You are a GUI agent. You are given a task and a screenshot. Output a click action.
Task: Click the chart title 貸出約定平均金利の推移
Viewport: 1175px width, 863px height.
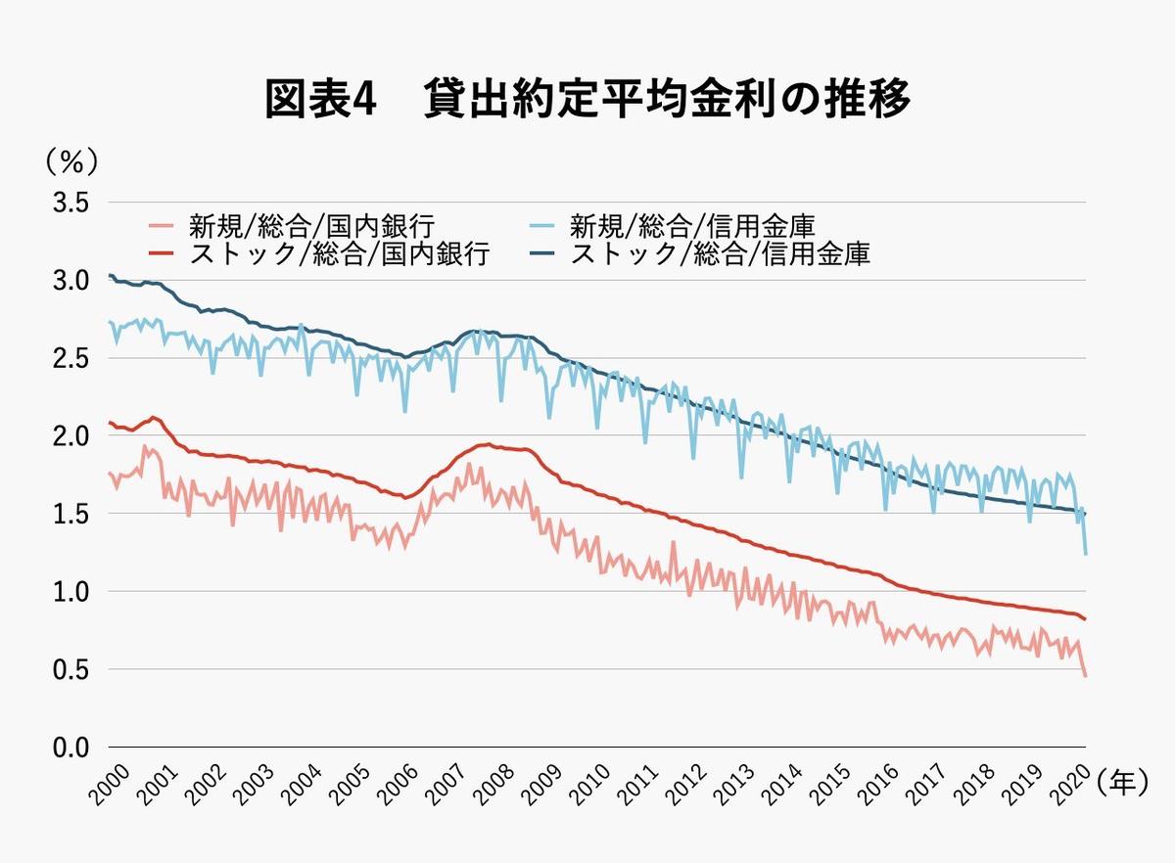[667, 100]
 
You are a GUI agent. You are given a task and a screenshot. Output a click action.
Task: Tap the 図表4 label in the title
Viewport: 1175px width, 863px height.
[320, 100]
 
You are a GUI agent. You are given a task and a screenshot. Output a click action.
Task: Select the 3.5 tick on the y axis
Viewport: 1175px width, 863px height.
[70, 203]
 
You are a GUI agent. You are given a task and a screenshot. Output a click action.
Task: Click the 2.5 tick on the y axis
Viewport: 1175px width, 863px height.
[70, 358]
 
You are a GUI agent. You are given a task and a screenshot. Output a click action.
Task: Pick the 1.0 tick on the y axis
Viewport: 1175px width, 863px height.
[70, 592]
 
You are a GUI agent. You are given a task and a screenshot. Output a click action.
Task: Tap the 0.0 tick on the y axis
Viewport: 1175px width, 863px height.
[70, 748]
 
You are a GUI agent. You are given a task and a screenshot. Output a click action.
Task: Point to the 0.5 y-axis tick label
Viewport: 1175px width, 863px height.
[70, 670]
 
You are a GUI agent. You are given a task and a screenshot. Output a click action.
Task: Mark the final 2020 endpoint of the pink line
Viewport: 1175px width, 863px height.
[1085, 676]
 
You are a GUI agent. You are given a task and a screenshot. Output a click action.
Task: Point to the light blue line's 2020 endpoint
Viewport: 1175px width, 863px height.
[1085, 555]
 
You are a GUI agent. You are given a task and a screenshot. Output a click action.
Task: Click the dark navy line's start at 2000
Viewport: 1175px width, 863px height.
[110, 275]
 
